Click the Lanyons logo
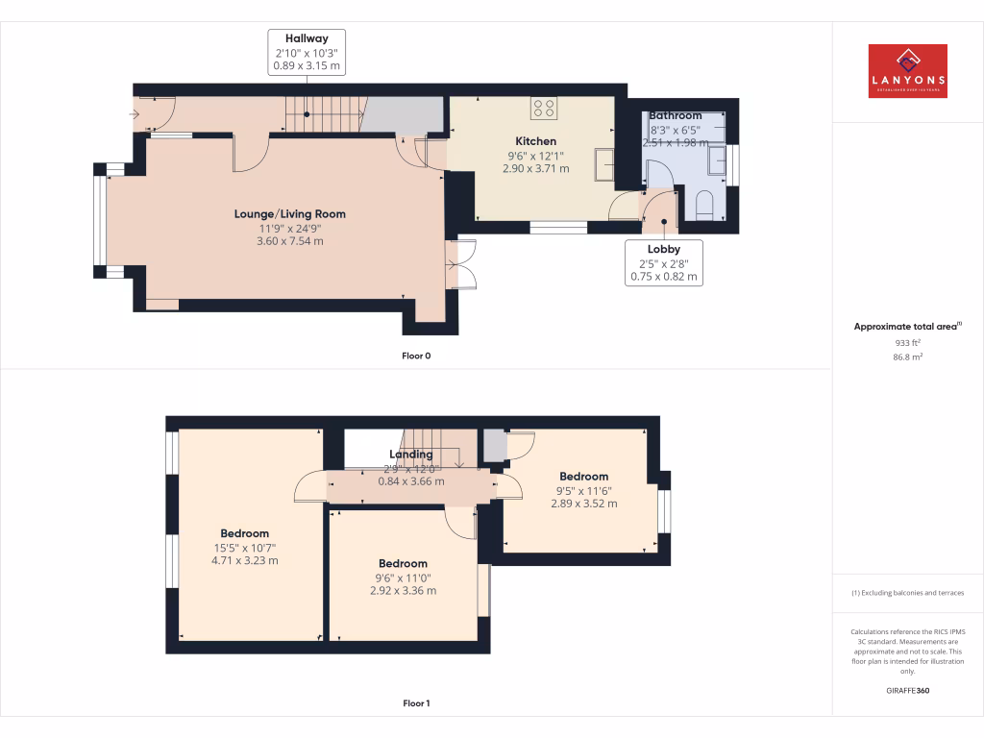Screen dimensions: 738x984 (x=907, y=71)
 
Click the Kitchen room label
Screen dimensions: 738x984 (x=535, y=141)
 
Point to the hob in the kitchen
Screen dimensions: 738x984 (x=544, y=109)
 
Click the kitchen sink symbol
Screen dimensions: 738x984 (x=605, y=163)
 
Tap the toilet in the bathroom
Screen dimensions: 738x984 (x=702, y=205)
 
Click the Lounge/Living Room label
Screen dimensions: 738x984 (x=289, y=214)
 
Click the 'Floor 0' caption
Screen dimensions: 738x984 (x=416, y=356)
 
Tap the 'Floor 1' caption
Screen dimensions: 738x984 (x=416, y=703)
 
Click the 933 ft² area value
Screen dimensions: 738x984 (x=907, y=342)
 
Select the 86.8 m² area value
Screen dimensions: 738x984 (x=907, y=357)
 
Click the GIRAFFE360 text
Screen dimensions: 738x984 (x=907, y=691)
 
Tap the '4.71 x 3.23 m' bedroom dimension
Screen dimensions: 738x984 (x=244, y=560)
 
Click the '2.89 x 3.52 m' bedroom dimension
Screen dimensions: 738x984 (x=583, y=504)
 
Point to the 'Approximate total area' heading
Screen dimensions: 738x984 (x=905, y=327)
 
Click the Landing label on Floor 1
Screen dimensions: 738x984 (x=410, y=455)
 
